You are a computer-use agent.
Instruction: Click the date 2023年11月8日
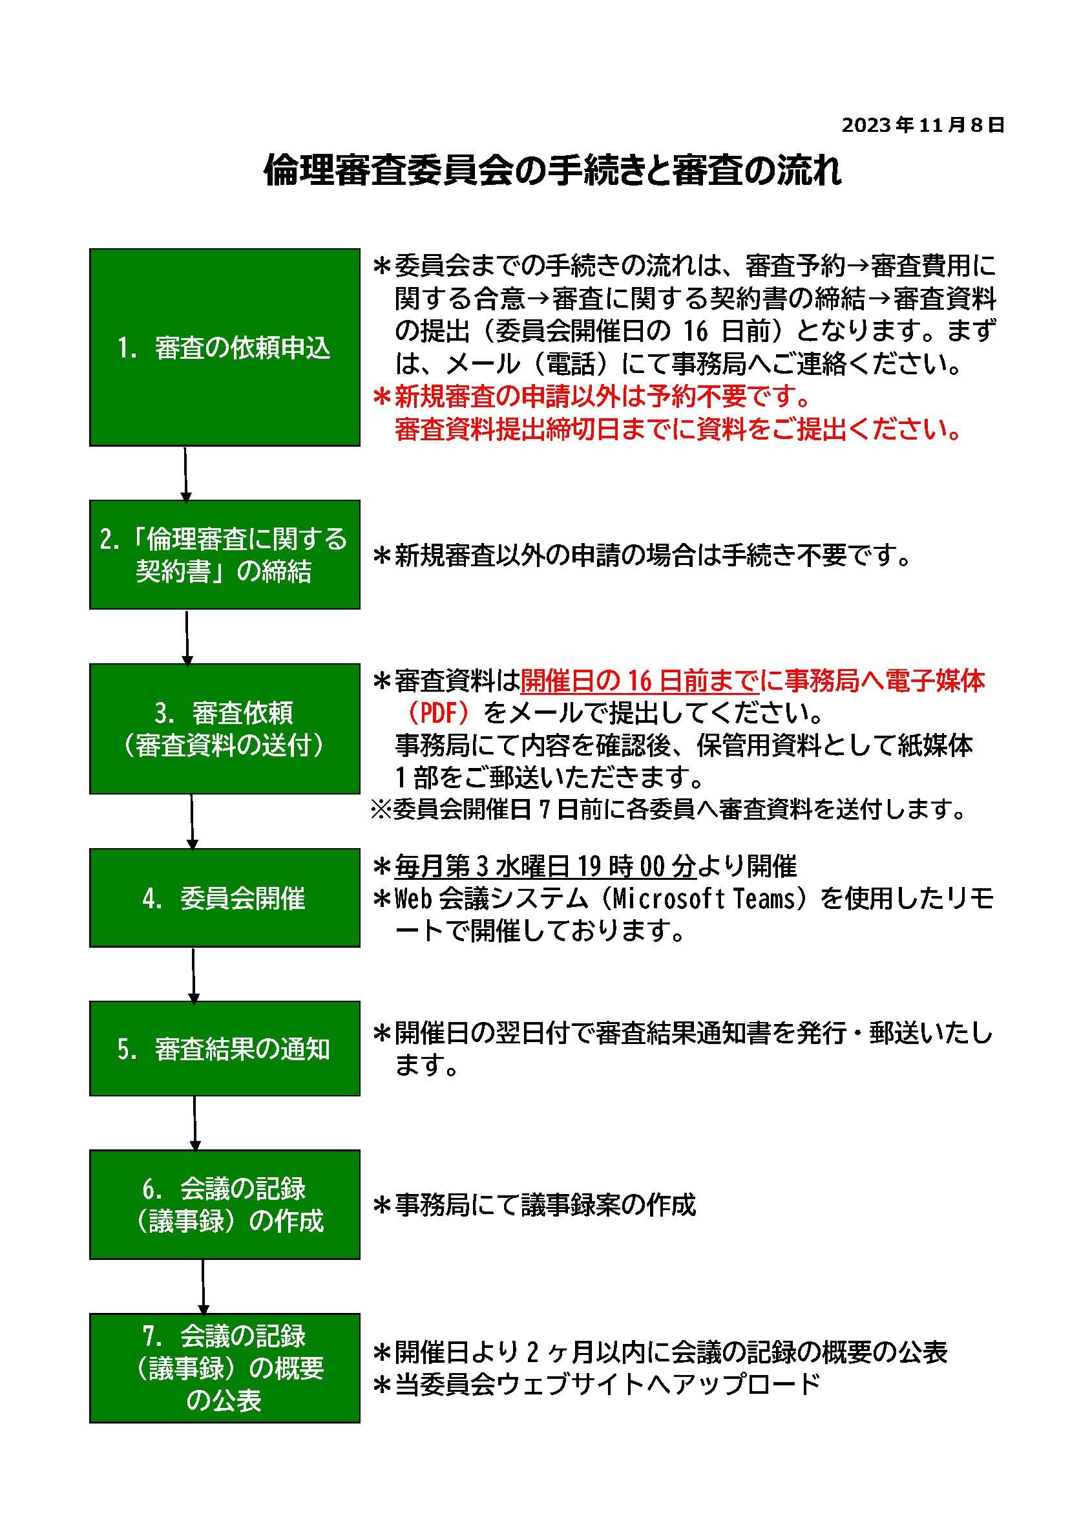pos(923,125)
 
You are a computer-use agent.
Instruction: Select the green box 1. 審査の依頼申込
pos(224,347)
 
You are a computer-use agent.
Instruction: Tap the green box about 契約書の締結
pos(224,555)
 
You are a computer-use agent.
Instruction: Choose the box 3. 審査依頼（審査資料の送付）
pos(224,729)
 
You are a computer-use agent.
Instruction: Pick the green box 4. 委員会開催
pos(224,898)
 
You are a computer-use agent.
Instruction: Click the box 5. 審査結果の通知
pos(224,1049)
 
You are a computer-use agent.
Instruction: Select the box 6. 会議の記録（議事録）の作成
pos(224,1205)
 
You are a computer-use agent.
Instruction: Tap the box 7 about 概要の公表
pos(224,1369)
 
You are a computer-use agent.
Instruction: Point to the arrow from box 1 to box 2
pos(185,473)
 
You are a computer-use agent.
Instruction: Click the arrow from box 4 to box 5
pos(193,975)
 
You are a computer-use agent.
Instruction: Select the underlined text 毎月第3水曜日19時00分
pos(545,866)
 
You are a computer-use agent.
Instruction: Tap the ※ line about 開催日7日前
pos(669,809)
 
